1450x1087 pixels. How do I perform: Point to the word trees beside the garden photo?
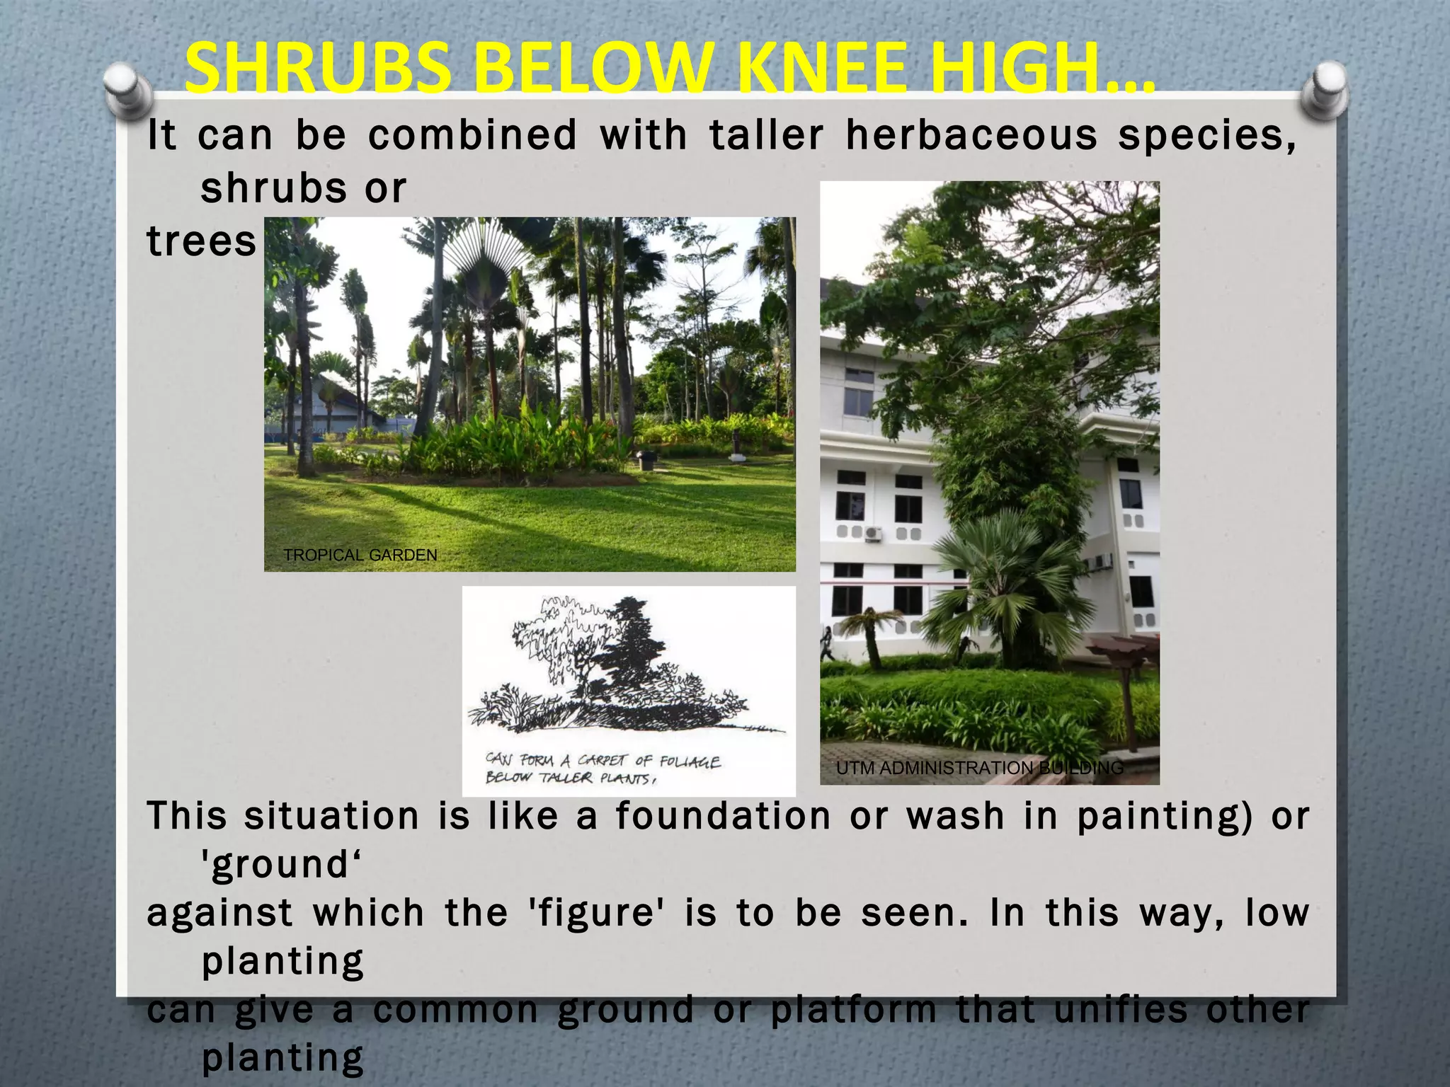click(201, 241)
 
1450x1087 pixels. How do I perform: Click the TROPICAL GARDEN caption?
click(360, 556)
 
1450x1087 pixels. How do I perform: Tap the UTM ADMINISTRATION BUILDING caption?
click(980, 768)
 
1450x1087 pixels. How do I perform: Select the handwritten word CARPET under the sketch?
click(602, 761)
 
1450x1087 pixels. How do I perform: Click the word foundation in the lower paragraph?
click(723, 815)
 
